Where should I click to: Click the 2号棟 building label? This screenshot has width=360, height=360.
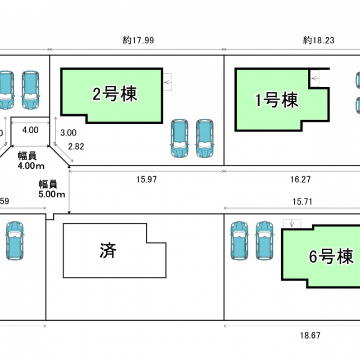[115, 94]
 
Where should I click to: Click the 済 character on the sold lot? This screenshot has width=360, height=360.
[108, 250]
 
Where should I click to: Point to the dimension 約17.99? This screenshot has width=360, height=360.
[138, 40]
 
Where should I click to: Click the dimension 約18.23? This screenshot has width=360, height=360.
[319, 40]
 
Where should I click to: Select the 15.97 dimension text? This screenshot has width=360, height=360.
[146, 180]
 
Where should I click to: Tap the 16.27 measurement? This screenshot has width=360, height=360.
[301, 180]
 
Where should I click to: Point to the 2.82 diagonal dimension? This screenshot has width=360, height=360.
[75, 146]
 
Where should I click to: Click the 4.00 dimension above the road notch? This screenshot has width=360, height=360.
[30, 130]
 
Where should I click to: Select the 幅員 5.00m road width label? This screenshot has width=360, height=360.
[52, 189]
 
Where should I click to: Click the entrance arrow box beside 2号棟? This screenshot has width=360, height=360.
[167, 82]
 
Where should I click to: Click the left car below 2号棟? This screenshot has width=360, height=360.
[179, 139]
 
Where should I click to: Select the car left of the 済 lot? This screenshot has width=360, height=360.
[15, 240]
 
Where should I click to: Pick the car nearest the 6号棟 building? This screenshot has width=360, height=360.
[264, 240]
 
